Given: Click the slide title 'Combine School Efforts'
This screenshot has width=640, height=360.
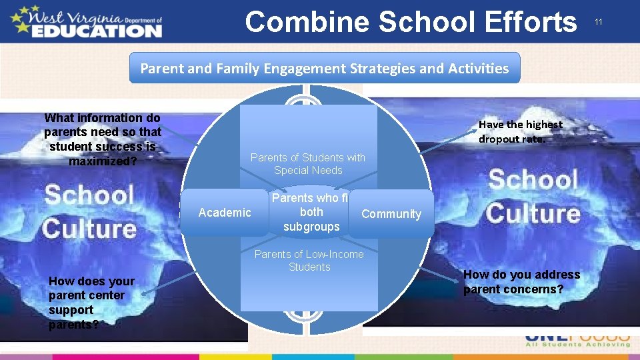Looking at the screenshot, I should (411, 21).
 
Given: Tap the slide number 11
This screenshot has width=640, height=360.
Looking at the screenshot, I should (599, 22).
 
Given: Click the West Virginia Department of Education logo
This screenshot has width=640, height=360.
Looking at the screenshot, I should (86, 21).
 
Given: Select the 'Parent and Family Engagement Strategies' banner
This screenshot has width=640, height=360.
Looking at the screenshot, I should (324, 68).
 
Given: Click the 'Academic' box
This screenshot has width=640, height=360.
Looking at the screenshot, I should (225, 213).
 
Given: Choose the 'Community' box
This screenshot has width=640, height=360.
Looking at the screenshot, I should (391, 214).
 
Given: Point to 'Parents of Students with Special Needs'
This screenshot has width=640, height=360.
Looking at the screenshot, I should (308, 164).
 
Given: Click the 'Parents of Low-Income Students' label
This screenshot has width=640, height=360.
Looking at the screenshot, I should (309, 261).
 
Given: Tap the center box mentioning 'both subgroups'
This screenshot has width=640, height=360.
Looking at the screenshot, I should (311, 212).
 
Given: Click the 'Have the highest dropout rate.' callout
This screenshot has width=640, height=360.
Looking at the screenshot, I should (520, 131).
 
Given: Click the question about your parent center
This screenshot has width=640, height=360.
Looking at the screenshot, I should (91, 303).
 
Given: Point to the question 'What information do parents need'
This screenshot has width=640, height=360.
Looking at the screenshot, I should (102, 139).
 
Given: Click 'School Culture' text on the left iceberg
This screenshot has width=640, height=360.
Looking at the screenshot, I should (89, 211).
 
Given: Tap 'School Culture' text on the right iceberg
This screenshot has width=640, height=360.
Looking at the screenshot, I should (533, 197).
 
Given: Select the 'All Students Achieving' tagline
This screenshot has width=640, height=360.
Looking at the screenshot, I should (577, 344).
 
